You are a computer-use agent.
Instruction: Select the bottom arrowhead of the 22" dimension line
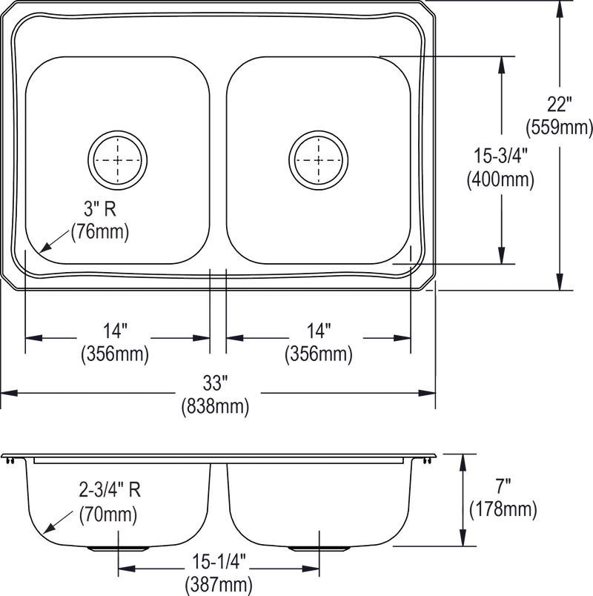pos(559,285)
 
